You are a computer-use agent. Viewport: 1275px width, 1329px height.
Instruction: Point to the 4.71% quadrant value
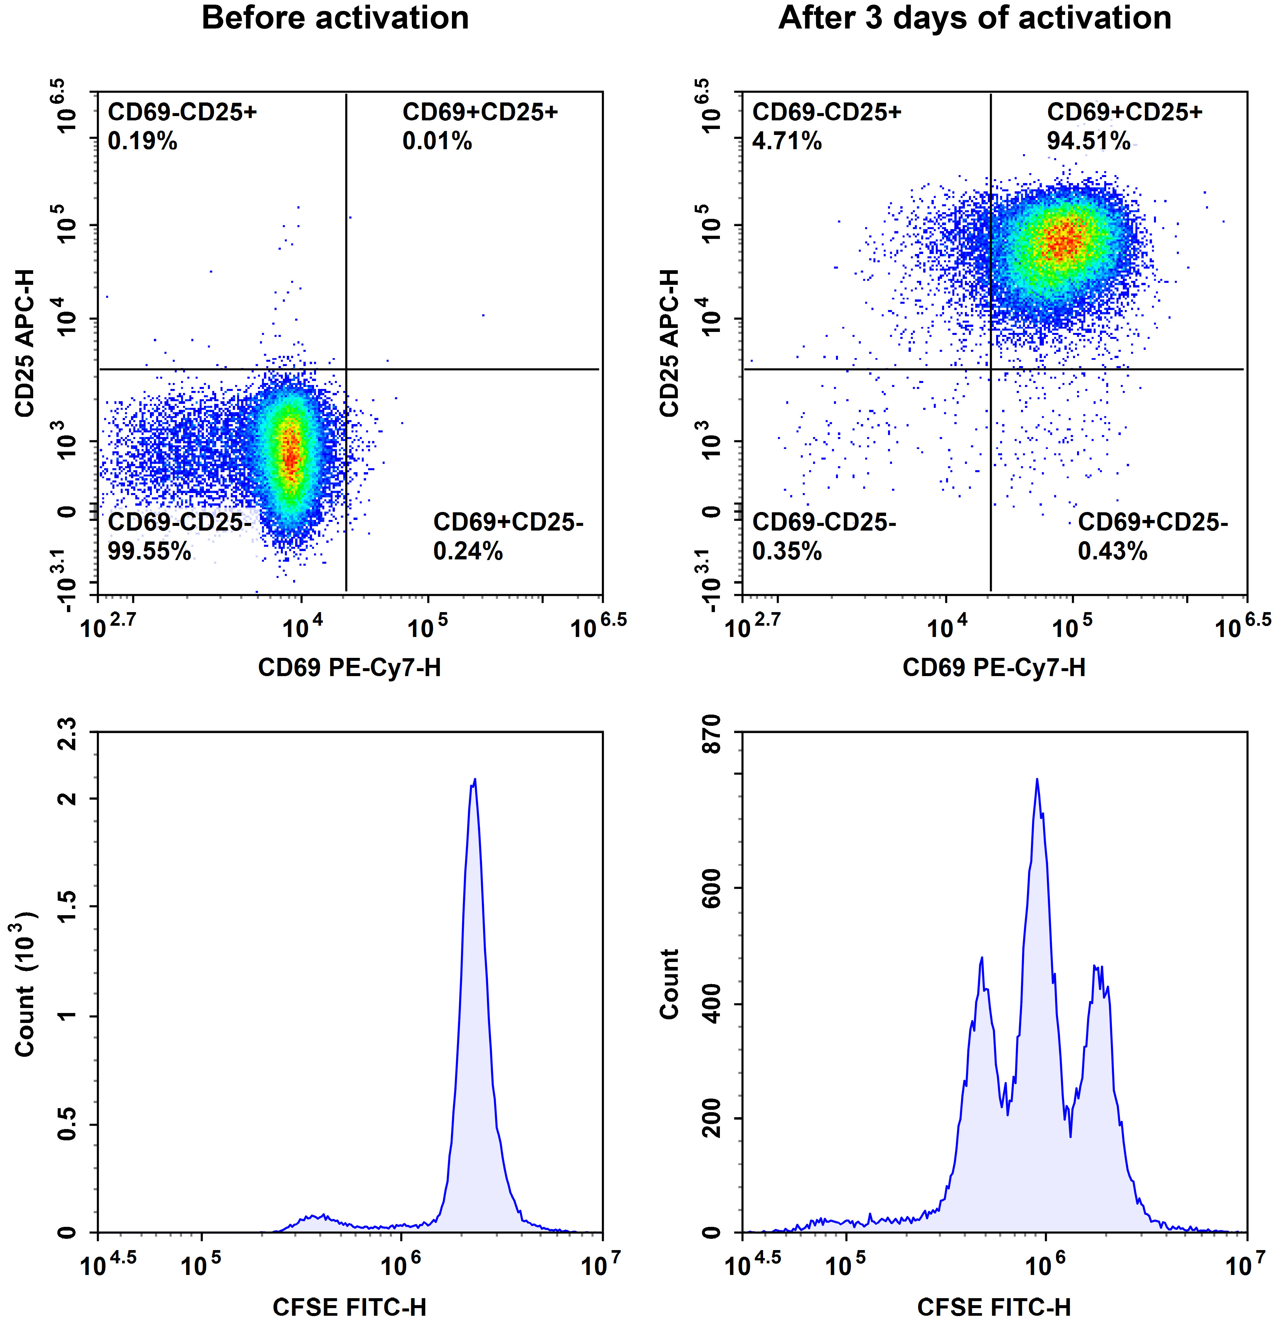coord(787,141)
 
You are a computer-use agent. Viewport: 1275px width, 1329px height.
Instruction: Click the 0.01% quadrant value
coord(437,141)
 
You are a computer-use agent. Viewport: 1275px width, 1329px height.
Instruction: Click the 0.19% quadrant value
coord(142,141)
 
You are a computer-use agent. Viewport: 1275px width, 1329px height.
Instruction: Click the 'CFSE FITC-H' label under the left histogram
coord(349,1307)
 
